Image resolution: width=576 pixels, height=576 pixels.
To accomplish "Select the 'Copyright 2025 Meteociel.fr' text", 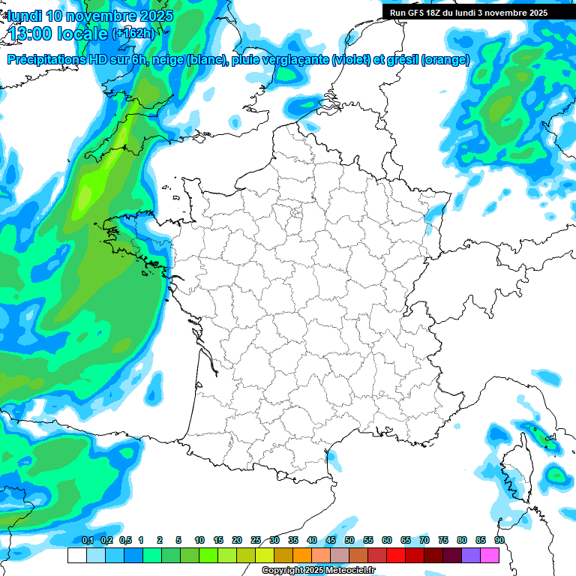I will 318,571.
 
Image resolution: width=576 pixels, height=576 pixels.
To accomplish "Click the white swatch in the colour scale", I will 76,556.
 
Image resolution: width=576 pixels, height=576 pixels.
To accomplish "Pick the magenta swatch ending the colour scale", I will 490,556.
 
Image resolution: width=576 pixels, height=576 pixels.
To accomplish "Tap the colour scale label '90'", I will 499,540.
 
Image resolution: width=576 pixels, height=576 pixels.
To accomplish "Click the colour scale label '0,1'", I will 87,540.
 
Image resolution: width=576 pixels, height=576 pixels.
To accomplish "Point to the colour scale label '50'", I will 349,540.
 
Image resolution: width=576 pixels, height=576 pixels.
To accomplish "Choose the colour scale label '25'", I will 256,540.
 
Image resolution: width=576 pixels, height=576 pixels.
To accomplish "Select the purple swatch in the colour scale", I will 471,556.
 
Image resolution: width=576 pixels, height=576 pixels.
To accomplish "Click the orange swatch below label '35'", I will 302,556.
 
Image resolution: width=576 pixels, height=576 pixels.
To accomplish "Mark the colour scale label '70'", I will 424,540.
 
